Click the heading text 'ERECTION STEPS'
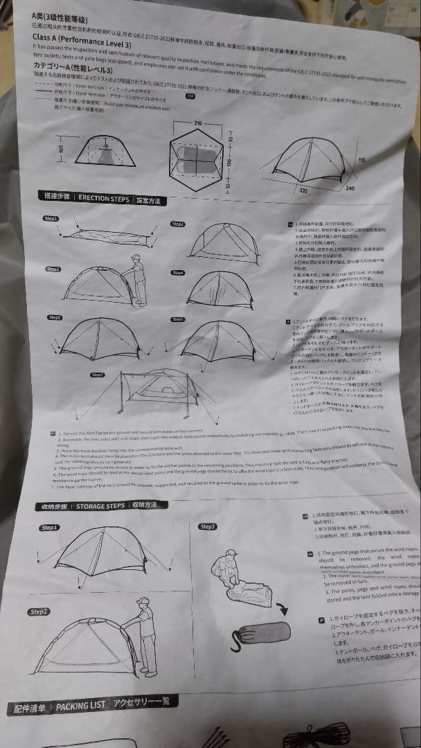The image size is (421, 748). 103,199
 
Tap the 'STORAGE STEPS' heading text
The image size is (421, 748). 100,506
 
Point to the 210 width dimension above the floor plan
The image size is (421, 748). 197,123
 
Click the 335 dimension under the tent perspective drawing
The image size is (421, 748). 302,190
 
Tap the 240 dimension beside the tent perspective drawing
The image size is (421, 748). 350,188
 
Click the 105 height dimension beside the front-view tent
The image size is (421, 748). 60,151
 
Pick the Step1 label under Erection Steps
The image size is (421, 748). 51,219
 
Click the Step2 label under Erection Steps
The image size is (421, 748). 177,224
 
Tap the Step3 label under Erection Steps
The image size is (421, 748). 53,268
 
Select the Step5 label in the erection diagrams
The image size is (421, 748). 54,317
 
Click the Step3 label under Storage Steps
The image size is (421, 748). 207,526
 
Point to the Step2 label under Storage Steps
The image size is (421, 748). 39,612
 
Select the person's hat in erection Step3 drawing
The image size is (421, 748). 136,258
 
